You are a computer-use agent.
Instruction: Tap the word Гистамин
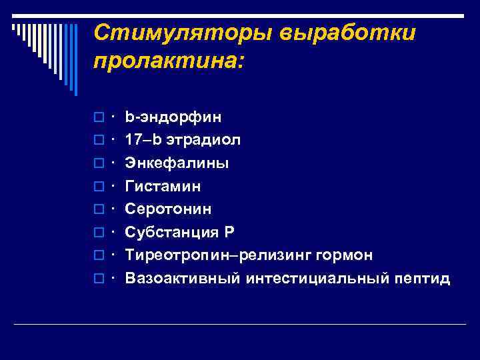point(163,186)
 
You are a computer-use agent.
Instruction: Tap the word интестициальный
point(314,278)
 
